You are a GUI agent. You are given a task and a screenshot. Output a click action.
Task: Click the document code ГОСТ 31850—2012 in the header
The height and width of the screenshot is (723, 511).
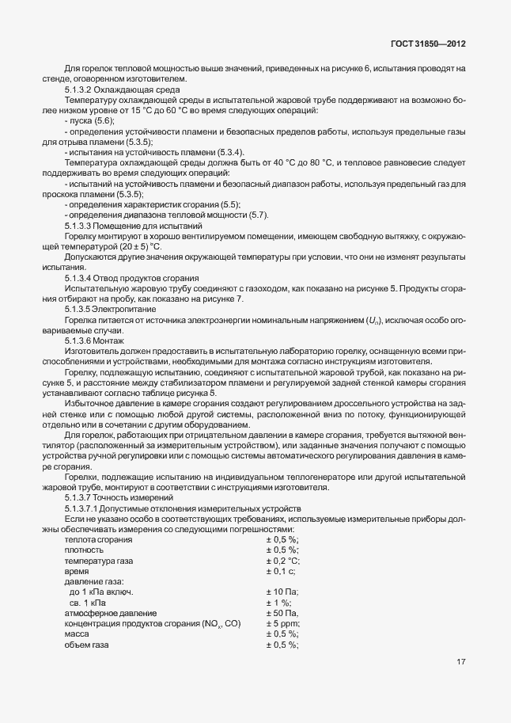(x=428, y=44)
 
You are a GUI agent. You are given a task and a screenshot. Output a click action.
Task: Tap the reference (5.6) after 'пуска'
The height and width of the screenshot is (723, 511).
(x=104, y=121)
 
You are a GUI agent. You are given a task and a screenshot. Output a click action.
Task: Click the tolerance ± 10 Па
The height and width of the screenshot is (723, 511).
(x=282, y=592)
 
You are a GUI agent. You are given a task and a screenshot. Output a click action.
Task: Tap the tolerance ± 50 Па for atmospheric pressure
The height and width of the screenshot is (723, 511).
(x=282, y=613)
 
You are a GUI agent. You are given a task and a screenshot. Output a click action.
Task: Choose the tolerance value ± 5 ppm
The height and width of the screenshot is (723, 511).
(x=283, y=624)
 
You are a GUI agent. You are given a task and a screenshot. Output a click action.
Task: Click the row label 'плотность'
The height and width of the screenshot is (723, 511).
(x=83, y=549)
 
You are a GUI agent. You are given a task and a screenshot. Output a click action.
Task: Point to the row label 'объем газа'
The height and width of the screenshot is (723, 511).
(x=86, y=645)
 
